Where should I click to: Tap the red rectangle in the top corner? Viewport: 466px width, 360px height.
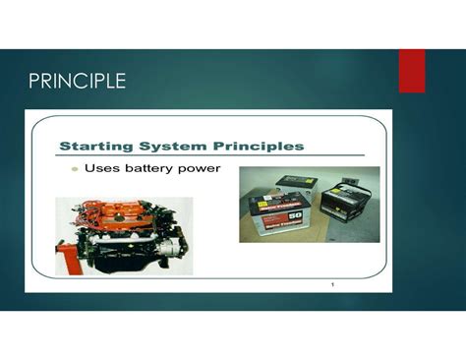click(412, 70)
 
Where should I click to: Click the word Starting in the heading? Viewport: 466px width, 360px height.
click(98, 146)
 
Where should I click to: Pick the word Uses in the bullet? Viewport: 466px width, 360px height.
click(101, 168)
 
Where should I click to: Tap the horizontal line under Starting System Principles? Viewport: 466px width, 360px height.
click(211, 155)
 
